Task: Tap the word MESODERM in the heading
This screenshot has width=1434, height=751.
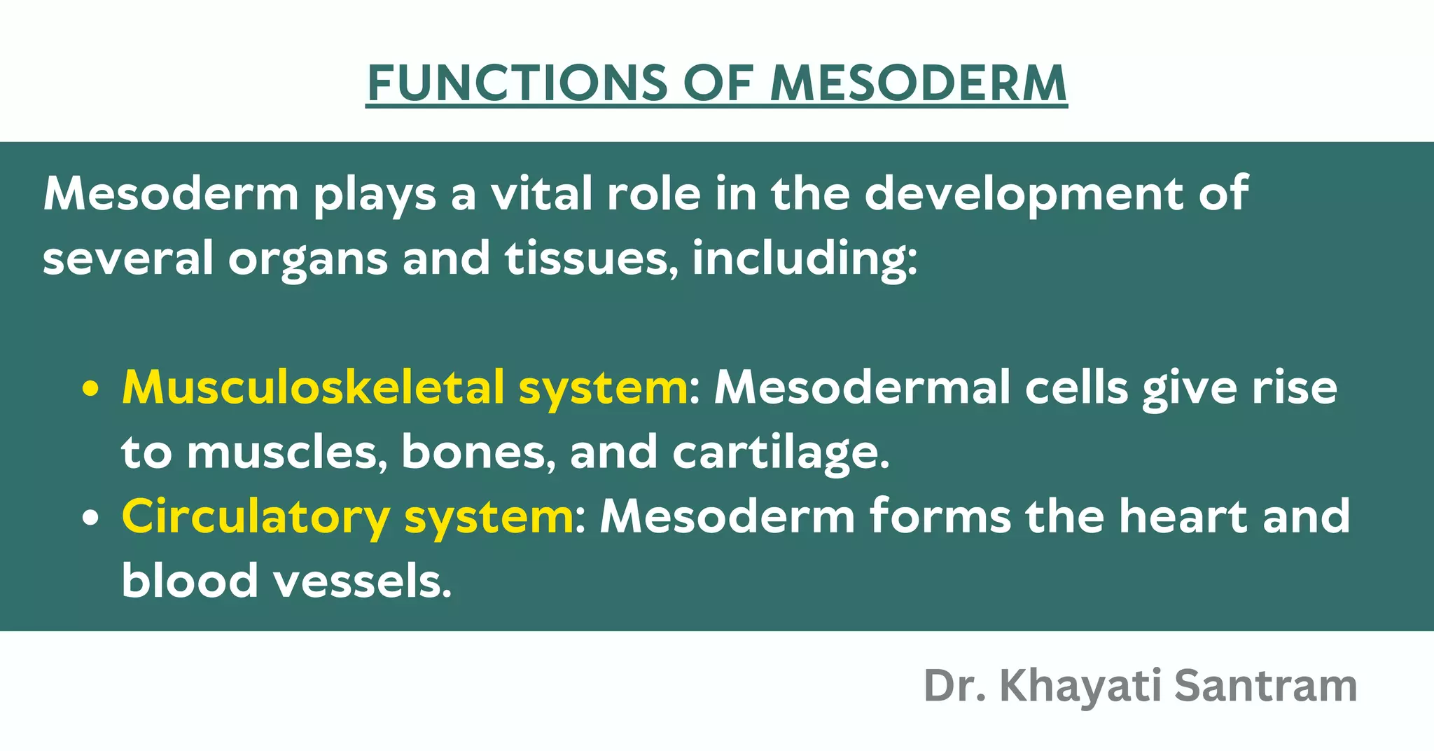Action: click(x=918, y=83)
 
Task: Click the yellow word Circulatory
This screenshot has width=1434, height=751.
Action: click(x=255, y=517)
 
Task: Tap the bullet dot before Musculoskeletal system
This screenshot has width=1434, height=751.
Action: click(x=89, y=390)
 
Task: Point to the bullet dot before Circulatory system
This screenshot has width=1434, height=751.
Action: click(x=89, y=519)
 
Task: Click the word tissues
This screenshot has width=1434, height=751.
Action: click(x=592, y=258)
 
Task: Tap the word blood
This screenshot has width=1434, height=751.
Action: click(x=190, y=581)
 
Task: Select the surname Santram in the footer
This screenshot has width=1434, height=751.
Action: click(x=1266, y=686)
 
